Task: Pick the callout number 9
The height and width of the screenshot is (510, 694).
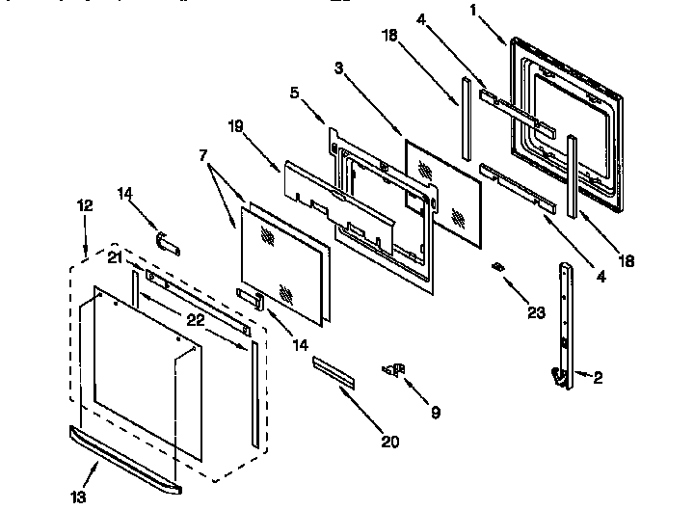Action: (435, 412)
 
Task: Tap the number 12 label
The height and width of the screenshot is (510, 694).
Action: (84, 204)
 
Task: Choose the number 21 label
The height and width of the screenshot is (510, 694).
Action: (116, 257)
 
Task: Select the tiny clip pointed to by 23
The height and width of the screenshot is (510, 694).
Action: (497, 266)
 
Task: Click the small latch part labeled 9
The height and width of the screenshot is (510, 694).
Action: (393, 368)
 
